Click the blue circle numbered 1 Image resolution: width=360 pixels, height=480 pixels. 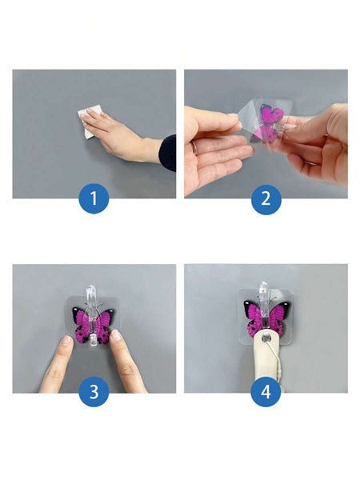coord(94,198)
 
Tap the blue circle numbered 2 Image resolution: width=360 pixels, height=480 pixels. coord(266,198)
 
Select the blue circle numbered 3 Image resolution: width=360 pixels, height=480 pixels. coord(94,391)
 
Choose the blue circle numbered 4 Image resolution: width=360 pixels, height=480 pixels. coord(266,391)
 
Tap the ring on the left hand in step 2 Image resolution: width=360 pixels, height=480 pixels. coord(194,147)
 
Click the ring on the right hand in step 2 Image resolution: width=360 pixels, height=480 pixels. coord(310,163)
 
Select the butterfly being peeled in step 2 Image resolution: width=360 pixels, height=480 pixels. coord(269,123)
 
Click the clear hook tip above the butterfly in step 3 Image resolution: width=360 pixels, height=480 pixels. coord(91,292)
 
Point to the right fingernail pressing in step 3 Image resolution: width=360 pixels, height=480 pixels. coord(116,334)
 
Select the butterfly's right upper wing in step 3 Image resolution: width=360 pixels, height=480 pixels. coord(105,318)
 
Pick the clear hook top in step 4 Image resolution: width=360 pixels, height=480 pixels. coord(263,288)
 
